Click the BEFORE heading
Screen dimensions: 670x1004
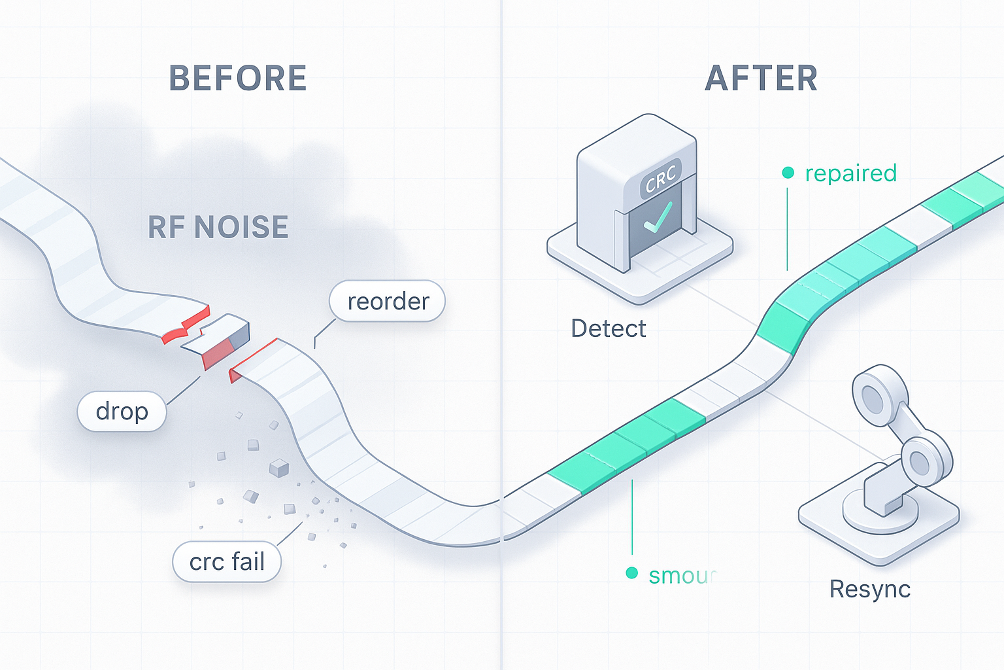[238, 79]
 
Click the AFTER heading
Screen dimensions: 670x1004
[761, 79]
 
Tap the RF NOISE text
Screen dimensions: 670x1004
[218, 228]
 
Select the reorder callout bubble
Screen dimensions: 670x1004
[388, 302]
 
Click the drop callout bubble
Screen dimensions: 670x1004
[122, 412]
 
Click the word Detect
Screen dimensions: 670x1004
[608, 328]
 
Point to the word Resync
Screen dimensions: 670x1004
[869, 589]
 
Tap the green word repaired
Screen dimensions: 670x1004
[850, 173]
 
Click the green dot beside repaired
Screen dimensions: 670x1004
[788, 173]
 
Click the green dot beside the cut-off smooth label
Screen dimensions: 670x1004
[631, 573]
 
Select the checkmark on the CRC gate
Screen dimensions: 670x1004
[657, 217]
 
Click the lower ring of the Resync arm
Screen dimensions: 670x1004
[920, 462]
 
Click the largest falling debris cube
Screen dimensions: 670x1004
[279, 467]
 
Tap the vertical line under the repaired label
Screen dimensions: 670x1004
[787, 229]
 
